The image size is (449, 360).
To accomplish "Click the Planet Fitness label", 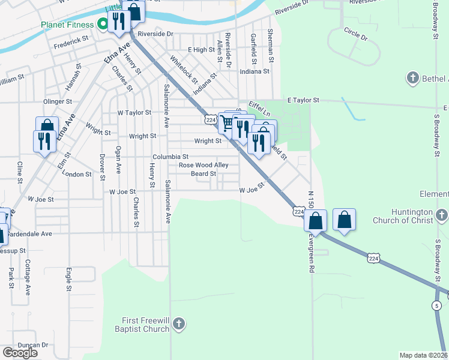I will [x=67, y=25].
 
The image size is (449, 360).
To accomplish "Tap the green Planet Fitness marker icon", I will [x=102, y=25].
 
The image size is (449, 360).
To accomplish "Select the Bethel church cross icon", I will [x=412, y=78].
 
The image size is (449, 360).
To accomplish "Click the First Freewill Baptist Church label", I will [x=147, y=325].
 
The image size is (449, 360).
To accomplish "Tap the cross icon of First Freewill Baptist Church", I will [x=178, y=325].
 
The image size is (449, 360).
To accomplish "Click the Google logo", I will [x=20, y=353].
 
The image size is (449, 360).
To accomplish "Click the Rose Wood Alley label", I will [x=203, y=165].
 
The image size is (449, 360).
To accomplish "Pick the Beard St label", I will [x=203, y=174].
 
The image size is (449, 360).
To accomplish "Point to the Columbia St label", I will [x=170, y=157].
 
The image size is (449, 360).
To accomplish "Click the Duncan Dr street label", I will [x=32, y=345].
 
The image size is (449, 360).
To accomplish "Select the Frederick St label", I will [x=71, y=45].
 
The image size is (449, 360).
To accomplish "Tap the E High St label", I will [x=201, y=50].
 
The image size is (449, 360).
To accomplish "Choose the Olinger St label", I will [x=57, y=102].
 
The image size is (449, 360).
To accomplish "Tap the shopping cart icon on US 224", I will [x=228, y=123].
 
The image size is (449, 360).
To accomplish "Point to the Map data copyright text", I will [x=424, y=355].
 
